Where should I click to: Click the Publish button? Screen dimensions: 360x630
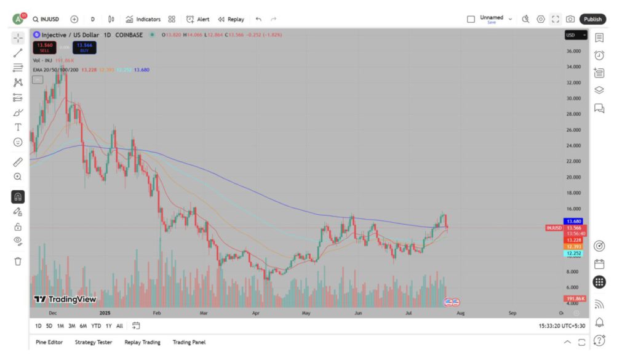(592, 19)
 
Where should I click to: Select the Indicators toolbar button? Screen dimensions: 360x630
(143, 19)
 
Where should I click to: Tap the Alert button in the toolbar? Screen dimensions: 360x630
(198, 19)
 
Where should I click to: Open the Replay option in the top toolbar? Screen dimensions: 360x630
(231, 19)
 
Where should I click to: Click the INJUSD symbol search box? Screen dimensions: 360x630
(46, 19)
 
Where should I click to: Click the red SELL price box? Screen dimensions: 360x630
(44, 47)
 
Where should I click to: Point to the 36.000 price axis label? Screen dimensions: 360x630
(573, 51)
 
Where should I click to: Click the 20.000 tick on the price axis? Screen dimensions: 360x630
(573, 177)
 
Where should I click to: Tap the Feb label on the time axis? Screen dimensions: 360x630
(156, 313)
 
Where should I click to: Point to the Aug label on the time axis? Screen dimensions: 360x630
(460, 313)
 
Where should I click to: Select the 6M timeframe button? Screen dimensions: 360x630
(83, 326)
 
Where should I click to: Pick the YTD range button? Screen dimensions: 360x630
(96, 326)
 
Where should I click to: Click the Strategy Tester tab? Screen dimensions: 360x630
(94, 342)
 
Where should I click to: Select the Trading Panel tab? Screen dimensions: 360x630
(189, 342)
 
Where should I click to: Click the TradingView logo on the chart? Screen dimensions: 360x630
(65, 299)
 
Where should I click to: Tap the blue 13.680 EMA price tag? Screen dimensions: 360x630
(573, 222)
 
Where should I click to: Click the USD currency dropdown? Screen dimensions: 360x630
(576, 35)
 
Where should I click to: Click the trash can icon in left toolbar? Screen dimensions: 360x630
(18, 261)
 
